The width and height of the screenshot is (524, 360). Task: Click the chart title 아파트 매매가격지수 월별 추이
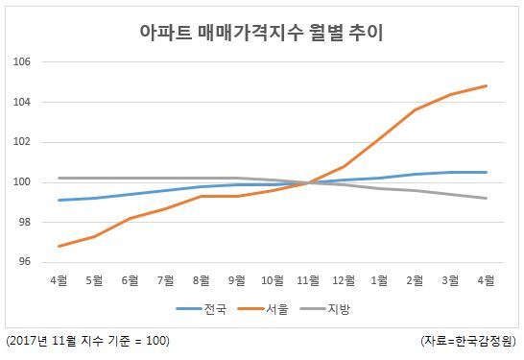(x=261, y=33)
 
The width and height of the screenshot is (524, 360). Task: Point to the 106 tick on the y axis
(x=22, y=61)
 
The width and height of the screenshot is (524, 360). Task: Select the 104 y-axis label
(x=22, y=102)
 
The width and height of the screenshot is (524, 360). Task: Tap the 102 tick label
(x=22, y=142)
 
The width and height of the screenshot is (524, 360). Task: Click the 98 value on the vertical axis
(x=24, y=223)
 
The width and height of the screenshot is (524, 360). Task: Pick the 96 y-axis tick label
(x=24, y=262)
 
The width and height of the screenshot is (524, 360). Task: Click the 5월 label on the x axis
(x=94, y=280)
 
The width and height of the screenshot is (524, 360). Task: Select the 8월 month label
(x=202, y=280)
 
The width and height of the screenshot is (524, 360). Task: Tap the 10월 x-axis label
(x=273, y=280)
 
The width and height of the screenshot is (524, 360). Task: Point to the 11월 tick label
(x=308, y=280)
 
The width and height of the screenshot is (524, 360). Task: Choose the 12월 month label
(x=344, y=280)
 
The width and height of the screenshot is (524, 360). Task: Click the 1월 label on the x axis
(x=379, y=280)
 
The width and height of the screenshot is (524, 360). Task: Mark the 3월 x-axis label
(x=450, y=280)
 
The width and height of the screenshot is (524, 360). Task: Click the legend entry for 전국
(x=202, y=309)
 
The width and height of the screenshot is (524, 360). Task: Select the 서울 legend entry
(x=263, y=309)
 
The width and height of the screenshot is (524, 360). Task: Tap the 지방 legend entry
(x=324, y=309)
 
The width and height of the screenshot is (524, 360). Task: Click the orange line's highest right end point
(x=487, y=85)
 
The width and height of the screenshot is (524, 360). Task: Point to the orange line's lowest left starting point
(x=59, y=247)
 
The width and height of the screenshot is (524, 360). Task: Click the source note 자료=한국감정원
(x=468, y=341)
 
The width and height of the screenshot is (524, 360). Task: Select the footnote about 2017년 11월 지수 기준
(x=88, y=341)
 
